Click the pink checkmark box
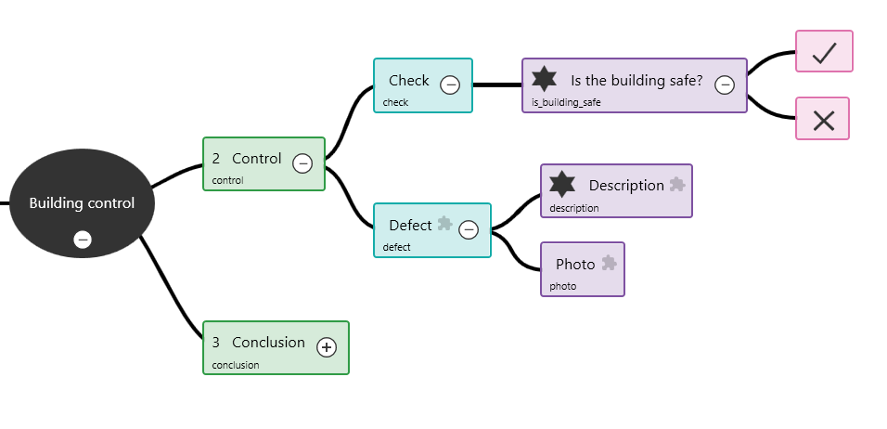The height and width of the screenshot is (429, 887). (824, 52)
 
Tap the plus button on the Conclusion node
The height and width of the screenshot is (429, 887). (327, 347)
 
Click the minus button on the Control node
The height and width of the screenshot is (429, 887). (302, 163)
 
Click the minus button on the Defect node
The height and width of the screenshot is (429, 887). (469, 229)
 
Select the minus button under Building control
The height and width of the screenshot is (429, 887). (83, 240)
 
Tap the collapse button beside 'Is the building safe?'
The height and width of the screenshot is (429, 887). (726, 84)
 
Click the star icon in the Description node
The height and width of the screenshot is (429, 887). (562, 185)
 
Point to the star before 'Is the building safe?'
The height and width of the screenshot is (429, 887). (545, 80)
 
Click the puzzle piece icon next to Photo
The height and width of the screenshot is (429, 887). (609, 263)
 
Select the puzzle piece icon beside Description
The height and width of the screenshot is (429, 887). (677, 184)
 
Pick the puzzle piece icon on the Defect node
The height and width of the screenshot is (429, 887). (445, 224)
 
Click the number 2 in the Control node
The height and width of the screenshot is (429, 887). (216, 159)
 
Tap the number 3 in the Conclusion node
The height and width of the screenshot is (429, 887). (216, 343)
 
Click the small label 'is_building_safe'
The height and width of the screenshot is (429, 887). (566, 103)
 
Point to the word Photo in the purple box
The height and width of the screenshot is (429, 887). (575, 265)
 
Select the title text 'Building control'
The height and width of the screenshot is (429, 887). (82, 203)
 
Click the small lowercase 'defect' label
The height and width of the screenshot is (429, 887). (396, 248)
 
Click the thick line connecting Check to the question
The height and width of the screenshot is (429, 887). (497, 85)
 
